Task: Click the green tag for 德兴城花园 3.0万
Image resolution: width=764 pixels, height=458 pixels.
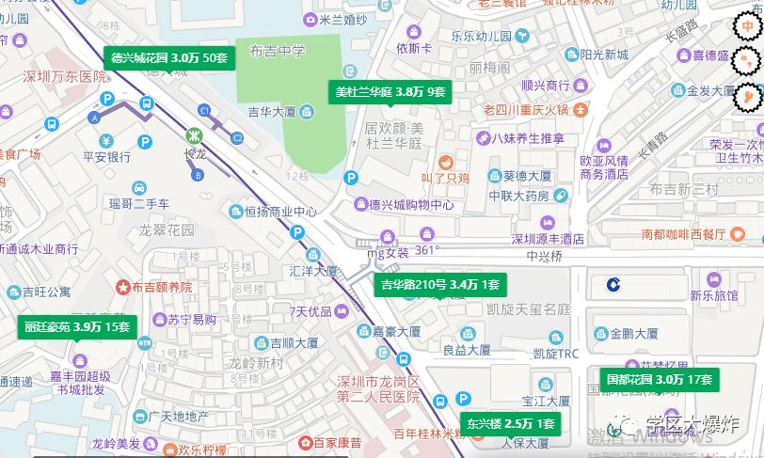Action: [168, 57]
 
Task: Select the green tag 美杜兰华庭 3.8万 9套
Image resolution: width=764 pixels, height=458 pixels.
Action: [390, 91]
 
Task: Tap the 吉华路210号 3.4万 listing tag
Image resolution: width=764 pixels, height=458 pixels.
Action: [440, 284]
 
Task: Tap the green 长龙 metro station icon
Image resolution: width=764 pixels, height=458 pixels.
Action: [194, 134]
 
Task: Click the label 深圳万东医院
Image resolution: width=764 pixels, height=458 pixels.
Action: [66, 76]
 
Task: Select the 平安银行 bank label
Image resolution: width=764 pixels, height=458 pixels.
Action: [106, 157]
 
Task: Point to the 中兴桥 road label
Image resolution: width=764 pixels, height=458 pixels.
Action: [543, 254]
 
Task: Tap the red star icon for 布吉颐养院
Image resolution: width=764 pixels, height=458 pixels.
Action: [121, 286]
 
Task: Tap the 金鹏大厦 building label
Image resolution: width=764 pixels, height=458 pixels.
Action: [633, 333]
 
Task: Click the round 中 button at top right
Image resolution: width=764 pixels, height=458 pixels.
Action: [749, 29]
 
